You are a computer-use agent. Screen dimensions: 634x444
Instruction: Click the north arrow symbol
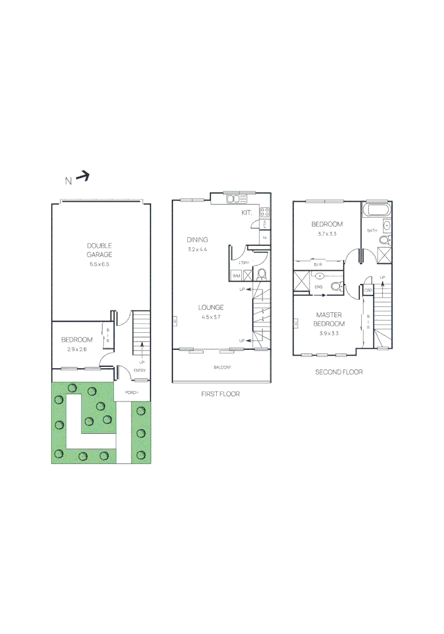[83, 176]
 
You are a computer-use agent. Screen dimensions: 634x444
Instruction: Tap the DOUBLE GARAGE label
[100, 250]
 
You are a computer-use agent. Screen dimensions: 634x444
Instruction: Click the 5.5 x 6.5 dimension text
[100, 265]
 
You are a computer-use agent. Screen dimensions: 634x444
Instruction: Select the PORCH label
[131, 392]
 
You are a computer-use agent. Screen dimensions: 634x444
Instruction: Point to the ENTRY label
[140, 370]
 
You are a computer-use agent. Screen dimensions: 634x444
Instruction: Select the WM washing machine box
[236, 275]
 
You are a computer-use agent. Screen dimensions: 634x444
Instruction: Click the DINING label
[197, 240]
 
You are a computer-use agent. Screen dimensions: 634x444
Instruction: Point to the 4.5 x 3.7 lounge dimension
[211, 317]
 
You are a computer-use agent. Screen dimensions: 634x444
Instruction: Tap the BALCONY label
[222, 367]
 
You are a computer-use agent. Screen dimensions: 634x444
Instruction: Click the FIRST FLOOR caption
[220, 394]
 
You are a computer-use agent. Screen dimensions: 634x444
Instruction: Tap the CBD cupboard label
[368, 291]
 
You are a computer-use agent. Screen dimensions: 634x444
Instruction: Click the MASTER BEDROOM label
[329, 319]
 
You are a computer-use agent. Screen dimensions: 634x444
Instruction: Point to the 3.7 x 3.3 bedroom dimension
[327, 234]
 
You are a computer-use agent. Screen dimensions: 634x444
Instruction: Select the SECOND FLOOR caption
[339, 372]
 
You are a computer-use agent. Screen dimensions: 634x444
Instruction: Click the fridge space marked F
[265, 237]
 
